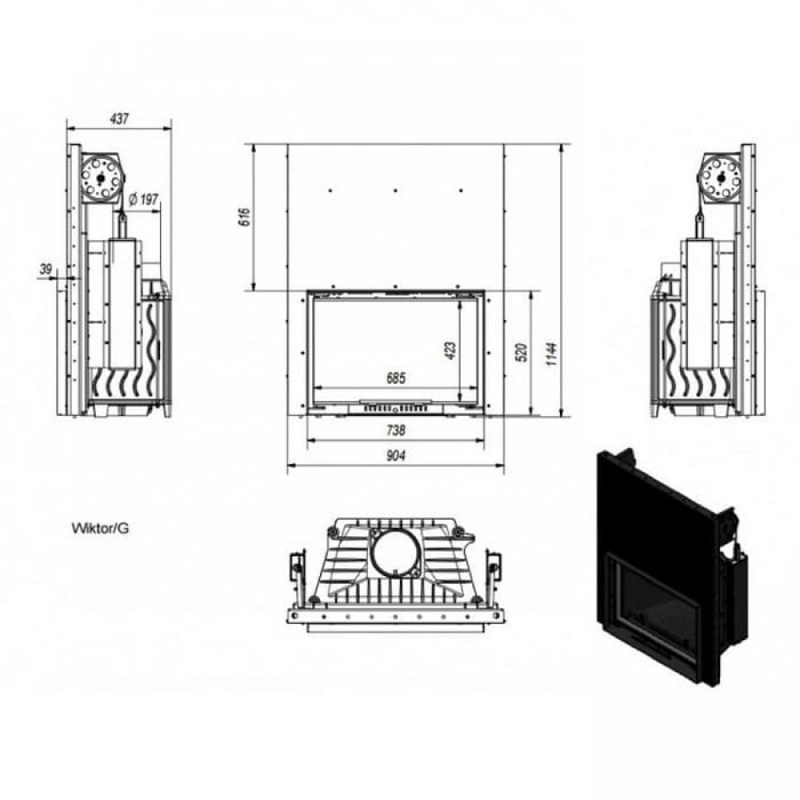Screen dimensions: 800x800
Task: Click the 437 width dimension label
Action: pyautogui.click(x=119, y=119)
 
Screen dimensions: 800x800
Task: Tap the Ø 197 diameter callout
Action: pyautogui.click(x=143, y=198)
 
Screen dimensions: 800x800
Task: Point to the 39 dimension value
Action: pyautogui.click(x=46, y=268)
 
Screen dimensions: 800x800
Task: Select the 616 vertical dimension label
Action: pyautogui.click(x=246, y=217)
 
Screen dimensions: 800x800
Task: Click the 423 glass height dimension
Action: pyautogui.click(x=451, y=350)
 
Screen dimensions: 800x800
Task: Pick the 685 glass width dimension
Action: pyautogui.click(x=396, y=378)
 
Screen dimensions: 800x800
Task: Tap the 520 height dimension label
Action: pyautogui.click(x=522, y=353)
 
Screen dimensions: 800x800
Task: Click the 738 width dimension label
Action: pyautogui.click(x=396, y=430)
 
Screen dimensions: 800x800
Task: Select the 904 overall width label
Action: pyautogui.click(x=396, y=455)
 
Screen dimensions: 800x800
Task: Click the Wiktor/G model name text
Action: pyautogui.click(x=100, y=528)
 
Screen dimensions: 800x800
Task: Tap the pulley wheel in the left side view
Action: pyautogui.click(x=100, y=177)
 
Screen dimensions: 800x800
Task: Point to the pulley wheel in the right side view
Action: pyautogui.click(x=721, y=177)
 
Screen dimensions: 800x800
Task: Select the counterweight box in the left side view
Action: pyautogui.click(x=122, y=303)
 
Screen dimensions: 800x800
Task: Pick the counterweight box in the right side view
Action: pyautogui.click(x=700, y=303)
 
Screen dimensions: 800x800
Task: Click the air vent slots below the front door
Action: pyautogui.click(x=396, y=409)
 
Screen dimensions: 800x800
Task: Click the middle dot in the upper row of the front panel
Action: pyautogui.click(x=396, y=190)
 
